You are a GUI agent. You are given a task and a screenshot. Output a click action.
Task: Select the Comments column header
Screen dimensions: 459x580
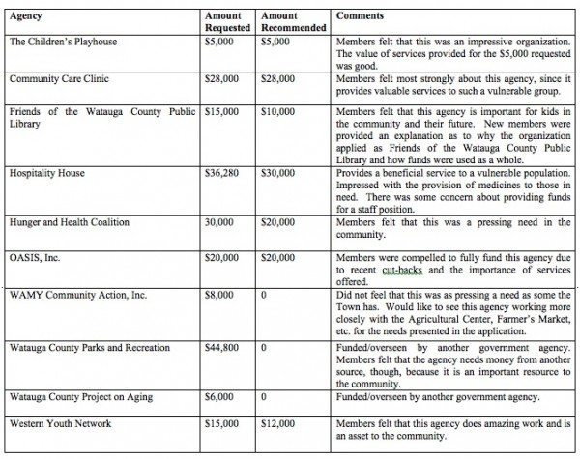(359, 16)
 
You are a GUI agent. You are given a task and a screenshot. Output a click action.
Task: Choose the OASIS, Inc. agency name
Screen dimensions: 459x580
(35, 258)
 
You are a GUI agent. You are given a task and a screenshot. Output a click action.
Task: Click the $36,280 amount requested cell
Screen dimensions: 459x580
(225, 173)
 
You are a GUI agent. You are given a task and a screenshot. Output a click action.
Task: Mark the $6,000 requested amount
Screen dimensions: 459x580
(222, 396)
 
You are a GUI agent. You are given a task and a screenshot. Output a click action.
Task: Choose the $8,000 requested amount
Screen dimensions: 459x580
(222, 294)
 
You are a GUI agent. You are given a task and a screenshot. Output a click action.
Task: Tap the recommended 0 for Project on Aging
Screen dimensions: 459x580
(264, 396)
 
